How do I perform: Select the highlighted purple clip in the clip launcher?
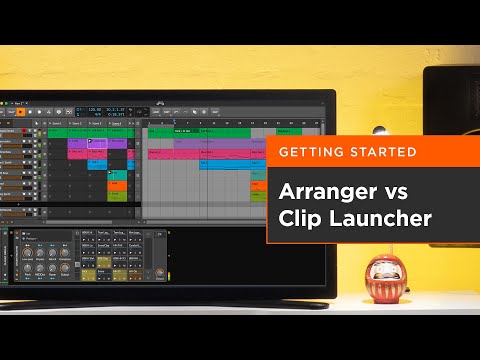(97, 143)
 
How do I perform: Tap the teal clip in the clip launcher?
(117, 176)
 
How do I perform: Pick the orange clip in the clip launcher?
(117, 187)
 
